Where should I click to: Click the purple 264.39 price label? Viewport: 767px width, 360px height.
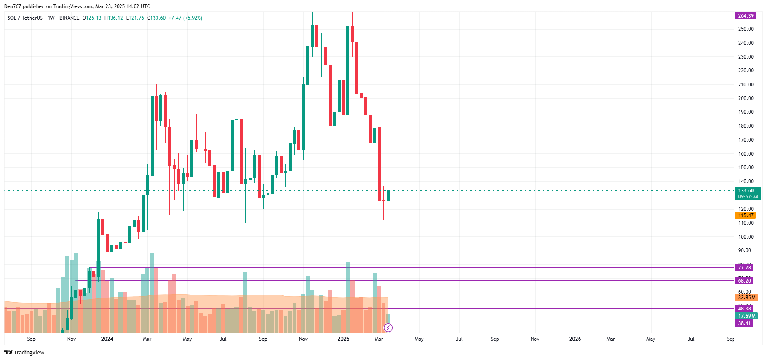click(745, 16)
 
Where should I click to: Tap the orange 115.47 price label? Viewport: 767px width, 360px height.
click(745, 215)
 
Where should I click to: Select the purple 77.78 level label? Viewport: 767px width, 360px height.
click(744, 268)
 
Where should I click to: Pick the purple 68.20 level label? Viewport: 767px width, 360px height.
click(744, 281)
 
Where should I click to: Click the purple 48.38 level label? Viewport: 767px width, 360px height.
click(744, 309)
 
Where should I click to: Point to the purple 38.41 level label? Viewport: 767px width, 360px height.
click(744, 323)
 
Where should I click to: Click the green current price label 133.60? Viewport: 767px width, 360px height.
click(747, 193)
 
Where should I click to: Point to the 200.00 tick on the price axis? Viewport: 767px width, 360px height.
click(746, 98)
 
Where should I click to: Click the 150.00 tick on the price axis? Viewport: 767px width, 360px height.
click(746, 168)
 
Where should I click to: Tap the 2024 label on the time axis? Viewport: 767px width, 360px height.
click(107, 339)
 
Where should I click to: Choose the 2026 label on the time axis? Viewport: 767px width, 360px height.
click(575, 339)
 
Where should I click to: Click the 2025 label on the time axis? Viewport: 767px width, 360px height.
click(343, 339)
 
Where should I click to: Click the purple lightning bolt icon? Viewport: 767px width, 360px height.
click(388, 328)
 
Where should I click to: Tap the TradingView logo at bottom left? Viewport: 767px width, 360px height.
click(24, 352)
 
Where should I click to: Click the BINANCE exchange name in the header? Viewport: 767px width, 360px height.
click(69, 18)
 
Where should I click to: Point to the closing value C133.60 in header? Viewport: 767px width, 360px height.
click(156, 18)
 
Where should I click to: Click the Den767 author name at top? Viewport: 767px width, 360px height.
click(12, 6)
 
